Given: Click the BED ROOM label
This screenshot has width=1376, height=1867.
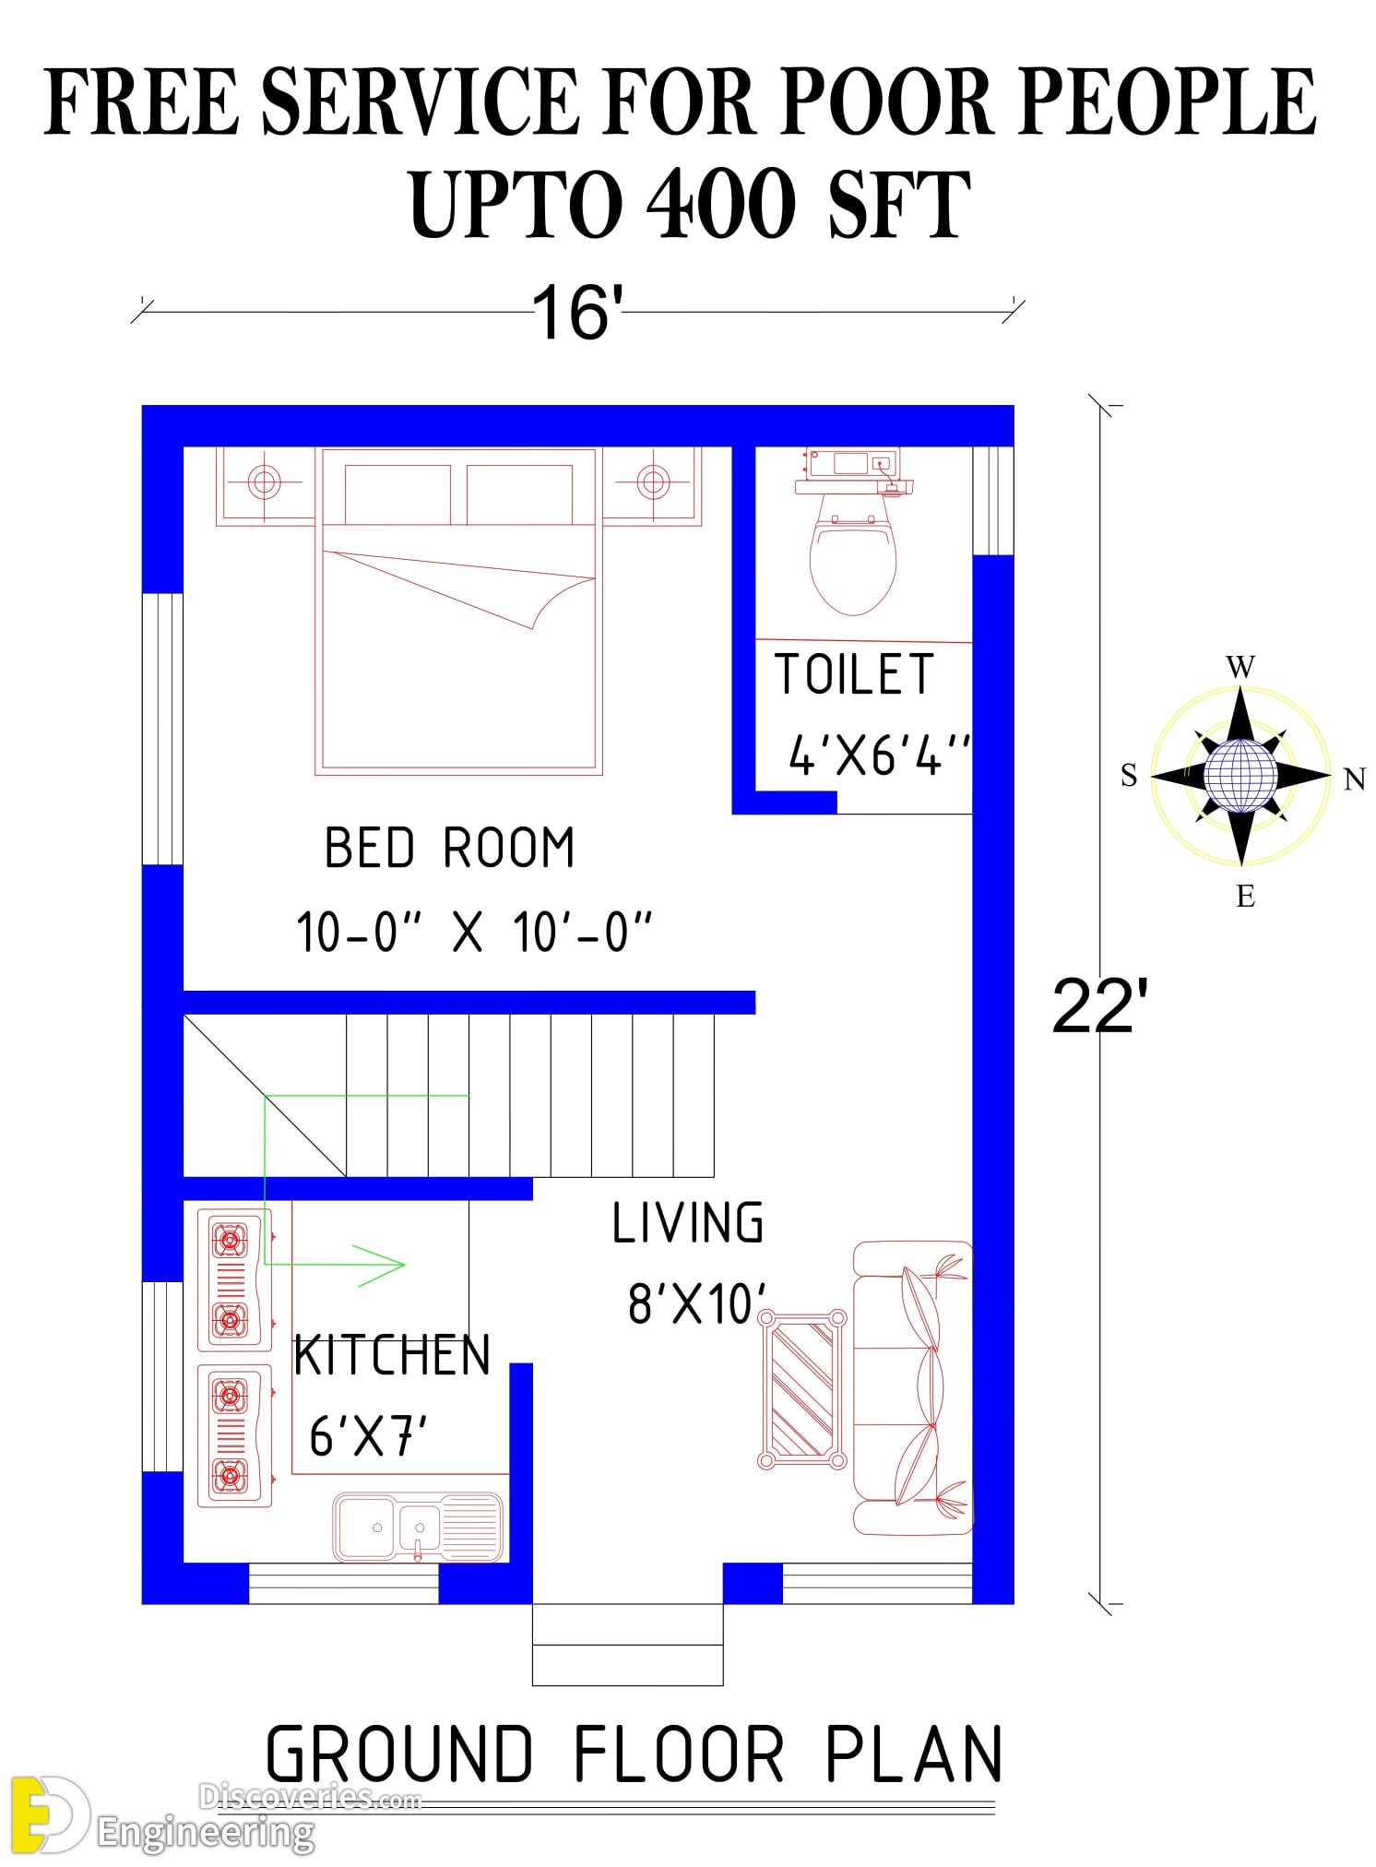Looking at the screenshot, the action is click(x=449, y=848).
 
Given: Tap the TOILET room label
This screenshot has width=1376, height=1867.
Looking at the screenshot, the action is click(x=854, y=674).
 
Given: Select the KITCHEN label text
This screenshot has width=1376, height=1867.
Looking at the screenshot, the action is click(x=391, y=1356).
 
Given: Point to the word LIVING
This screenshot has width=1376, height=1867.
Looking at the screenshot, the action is click(x=688, y=1223).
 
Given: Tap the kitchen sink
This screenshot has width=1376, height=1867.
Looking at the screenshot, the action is click(x=418, y=1528).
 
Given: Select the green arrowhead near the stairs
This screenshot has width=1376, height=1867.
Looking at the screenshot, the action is click(x=379, y=1265).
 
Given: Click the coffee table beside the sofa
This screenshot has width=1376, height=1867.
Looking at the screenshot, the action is click(x=801, y=1389).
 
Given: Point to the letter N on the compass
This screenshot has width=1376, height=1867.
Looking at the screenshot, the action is click(x=1354, y=779).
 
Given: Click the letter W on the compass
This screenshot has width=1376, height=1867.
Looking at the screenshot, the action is click(x=1240, y=666).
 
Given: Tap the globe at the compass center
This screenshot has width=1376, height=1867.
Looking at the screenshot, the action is click(x=1241, y=775).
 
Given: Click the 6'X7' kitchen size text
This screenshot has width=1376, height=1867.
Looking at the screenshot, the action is click(x=369, y=1436).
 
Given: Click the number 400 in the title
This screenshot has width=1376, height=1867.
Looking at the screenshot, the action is click(x=721, y=204).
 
